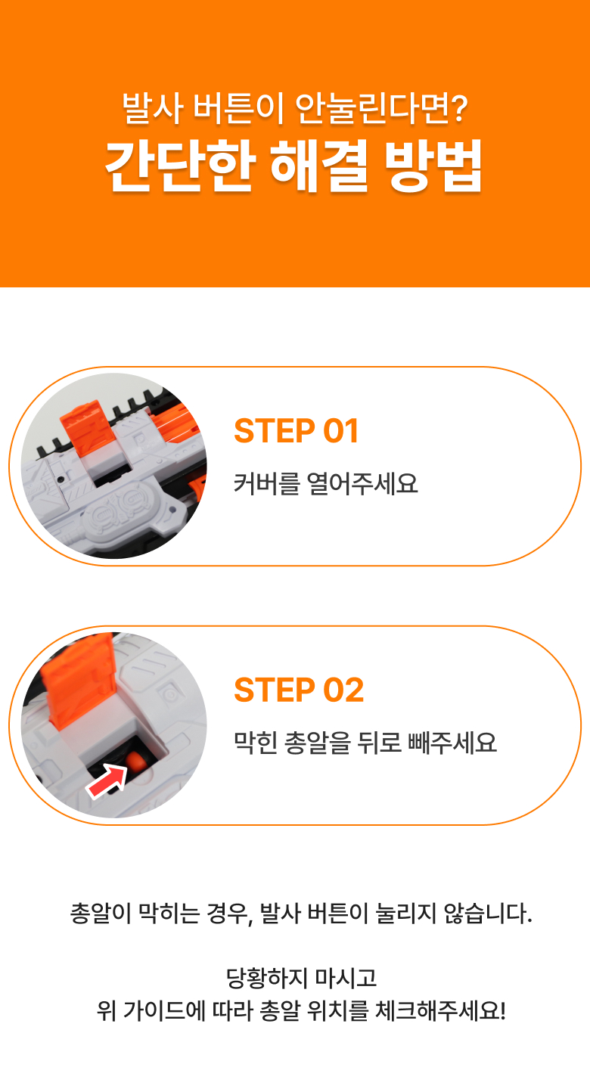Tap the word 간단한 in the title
pyautogui.click(x=181, y=166)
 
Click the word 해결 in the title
pyautogui.click(x=319, y=166)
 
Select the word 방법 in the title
pyautogui.click(x=433, y=166)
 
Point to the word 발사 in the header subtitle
pyautogui.click(x=153, y=107)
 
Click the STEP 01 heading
pyautogui.click(x=297, y=431)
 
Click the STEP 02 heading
pyautogui.click(x=299, y=690)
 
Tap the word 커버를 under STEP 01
pyautogui.click(x=266, y=483)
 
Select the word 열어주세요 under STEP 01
pyautogui.click(x=362, y=483)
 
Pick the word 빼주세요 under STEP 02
pyautogui.click(x=452, y=743)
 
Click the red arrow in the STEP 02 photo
pyautogui.click(x=107, y=780)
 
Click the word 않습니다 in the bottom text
pyautogui.click(x=488, y=913)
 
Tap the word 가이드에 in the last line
pyautogui.click(x=164, y=1010)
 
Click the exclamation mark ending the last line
pyautogui.click(x=503, y=1010)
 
